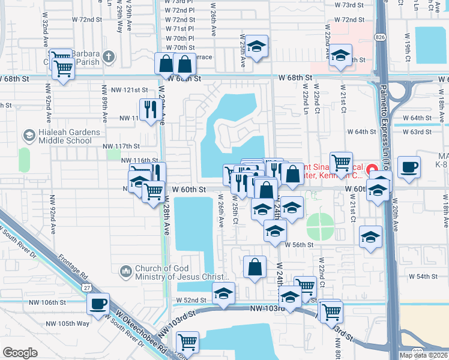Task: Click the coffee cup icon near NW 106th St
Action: click(x=98, y=303)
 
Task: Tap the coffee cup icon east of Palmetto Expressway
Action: click(x=409, y=167)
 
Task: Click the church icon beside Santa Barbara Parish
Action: click(x=108, y=57)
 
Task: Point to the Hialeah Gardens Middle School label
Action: click(x=65, y=137)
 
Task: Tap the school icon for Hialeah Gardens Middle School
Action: click(x=28, y=136)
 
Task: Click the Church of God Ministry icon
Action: click(x=126, y=272)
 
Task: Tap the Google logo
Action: click(x=20, y=353)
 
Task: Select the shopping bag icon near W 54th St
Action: click(x=255, y=268)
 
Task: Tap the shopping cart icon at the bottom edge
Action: click(x=188, y=342)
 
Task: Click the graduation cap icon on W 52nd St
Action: click(x=223, y=293)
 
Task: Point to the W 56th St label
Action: click(x=300, y=245)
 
